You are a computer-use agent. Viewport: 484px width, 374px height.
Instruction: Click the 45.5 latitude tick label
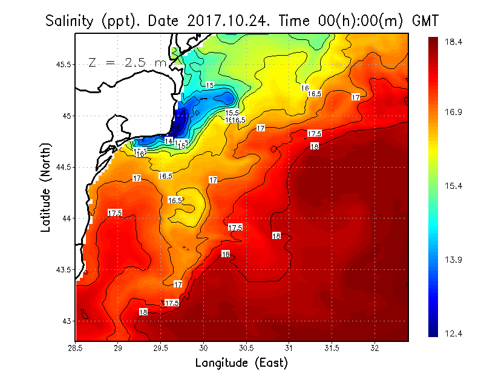62,64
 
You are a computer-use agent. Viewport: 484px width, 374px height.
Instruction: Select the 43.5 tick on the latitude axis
62,269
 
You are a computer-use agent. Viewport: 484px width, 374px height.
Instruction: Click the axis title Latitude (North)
46,188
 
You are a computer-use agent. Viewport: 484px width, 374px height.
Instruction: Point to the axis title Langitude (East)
241,363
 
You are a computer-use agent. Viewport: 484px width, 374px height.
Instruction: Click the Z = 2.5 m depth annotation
127,62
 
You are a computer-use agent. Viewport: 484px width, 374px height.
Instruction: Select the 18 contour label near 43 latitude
143,312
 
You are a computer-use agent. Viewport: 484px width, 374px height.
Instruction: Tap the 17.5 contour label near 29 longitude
115,213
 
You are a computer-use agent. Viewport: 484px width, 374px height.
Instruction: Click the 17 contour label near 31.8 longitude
356,97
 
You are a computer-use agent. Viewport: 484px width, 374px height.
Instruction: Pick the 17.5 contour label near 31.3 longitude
315,133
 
